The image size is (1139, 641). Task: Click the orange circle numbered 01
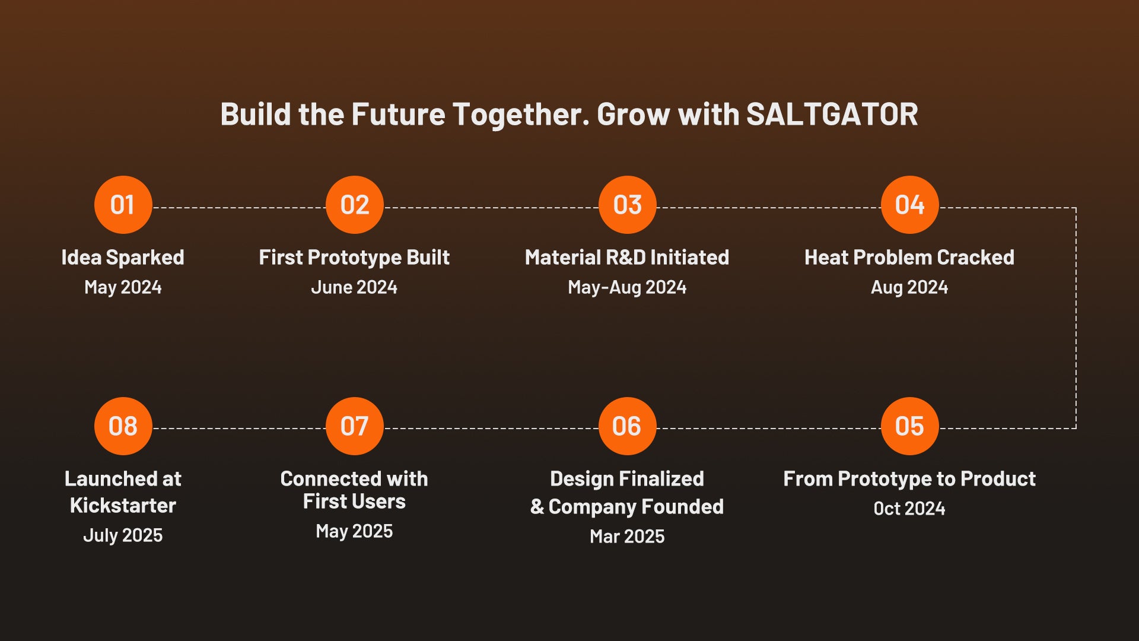pos(123,205)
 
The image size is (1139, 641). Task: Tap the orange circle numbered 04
pos(909,205)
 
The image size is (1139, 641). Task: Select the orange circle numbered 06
pos(627,426)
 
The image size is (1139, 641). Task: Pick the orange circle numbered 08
pos(123,426)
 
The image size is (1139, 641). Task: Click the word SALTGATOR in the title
pos(832,115)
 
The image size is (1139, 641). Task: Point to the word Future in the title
pos(398,115)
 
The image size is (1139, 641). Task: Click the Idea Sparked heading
pos(123,258)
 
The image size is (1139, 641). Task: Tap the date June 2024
pos(354,287)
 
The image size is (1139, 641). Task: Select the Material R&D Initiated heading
pos(627,258)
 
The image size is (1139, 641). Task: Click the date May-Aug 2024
pos(627,288)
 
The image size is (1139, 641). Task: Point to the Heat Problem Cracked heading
pos(909,258)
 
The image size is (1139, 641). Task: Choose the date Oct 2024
pos(909,509)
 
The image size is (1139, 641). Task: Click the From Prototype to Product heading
pos(909,479)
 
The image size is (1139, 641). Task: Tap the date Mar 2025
pos(627,537)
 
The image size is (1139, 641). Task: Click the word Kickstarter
pos(123,506)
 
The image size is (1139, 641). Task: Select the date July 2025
pos(123,535)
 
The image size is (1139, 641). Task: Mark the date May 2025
pos(354,531)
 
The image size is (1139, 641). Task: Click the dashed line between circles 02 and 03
pos(491,208)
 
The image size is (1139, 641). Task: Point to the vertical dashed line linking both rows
pos(1076,318)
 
